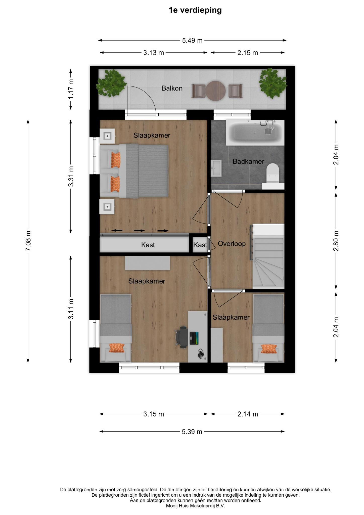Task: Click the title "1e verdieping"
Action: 195,10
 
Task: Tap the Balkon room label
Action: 172,88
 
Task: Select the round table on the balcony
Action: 216,91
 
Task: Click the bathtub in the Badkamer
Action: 255,133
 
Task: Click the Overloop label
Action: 232,243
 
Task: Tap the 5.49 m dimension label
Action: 192,40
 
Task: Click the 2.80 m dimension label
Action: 336,241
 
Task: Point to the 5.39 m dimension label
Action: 192,432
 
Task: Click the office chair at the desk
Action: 182,337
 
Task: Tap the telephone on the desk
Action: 201,354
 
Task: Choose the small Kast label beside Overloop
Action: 200,245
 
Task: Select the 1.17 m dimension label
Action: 71,89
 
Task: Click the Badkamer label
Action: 248,161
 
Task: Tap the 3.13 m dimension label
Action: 154,53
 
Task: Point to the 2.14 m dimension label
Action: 248,414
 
